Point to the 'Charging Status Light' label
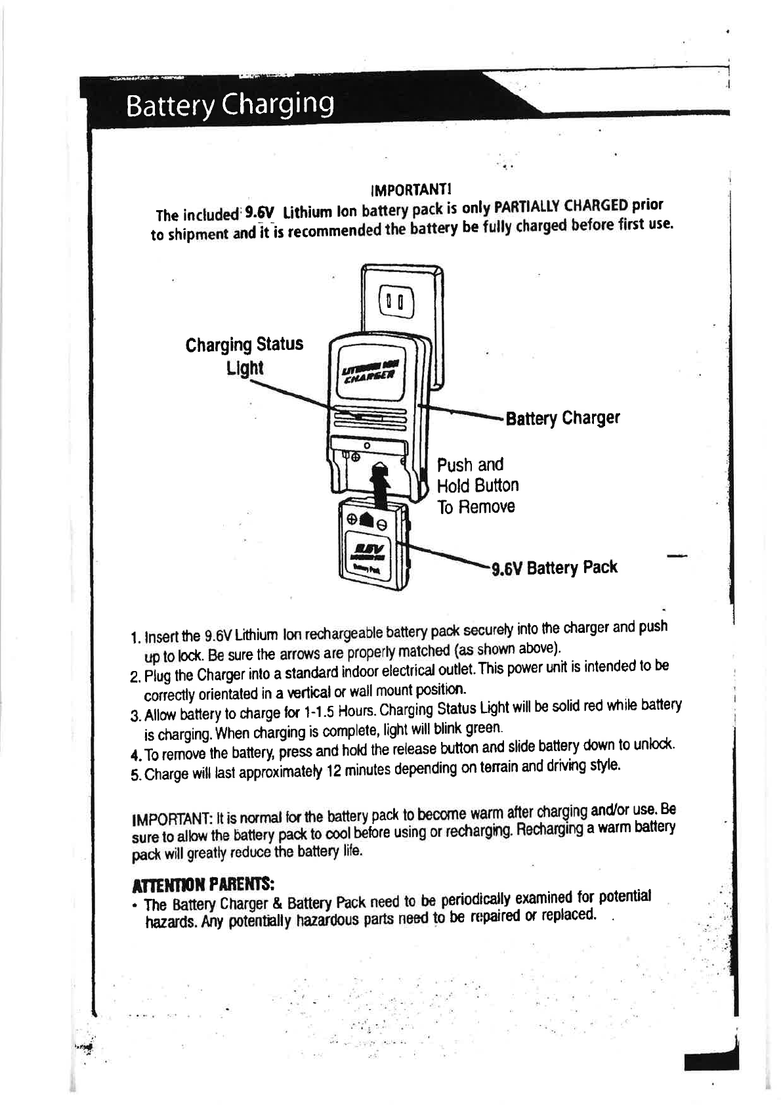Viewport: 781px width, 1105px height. point(244,355)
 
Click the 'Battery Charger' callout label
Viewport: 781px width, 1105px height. point(562,418)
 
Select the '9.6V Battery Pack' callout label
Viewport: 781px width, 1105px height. point(555,567)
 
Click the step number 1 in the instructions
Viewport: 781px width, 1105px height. point(135,638)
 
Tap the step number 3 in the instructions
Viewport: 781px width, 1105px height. point(135,714)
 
